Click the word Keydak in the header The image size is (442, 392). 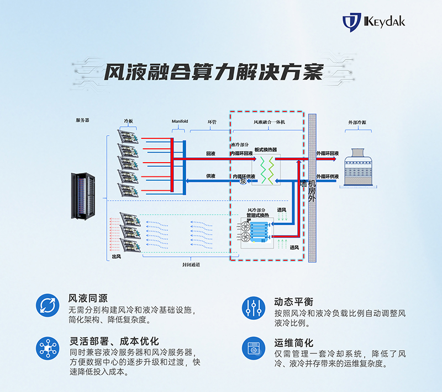tap(385, 22)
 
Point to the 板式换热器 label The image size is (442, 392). tap(266, 149)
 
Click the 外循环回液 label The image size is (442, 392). tap(328, 153)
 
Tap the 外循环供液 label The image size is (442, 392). tap(328, 176)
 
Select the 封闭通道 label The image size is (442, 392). tap(191, 265)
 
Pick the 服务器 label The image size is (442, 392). tap(83, 120)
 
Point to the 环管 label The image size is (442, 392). tap(212, 121)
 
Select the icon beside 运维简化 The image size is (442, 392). tap(254, 348)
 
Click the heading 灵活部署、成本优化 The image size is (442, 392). tap(114, 342)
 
